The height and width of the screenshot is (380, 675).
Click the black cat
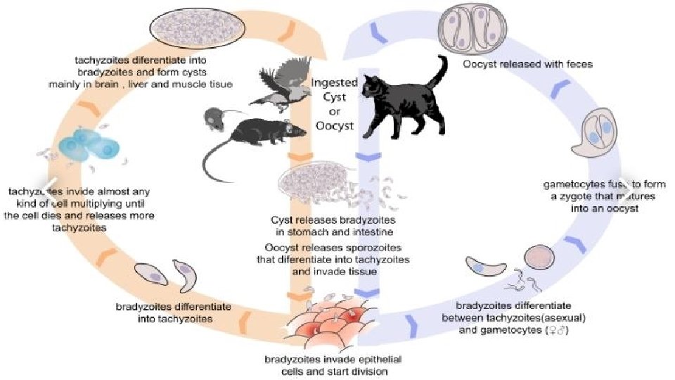tap(408, 106)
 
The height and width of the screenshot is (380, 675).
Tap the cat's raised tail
tap(442, 70)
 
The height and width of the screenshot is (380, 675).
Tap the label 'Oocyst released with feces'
tap(527, 64)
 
